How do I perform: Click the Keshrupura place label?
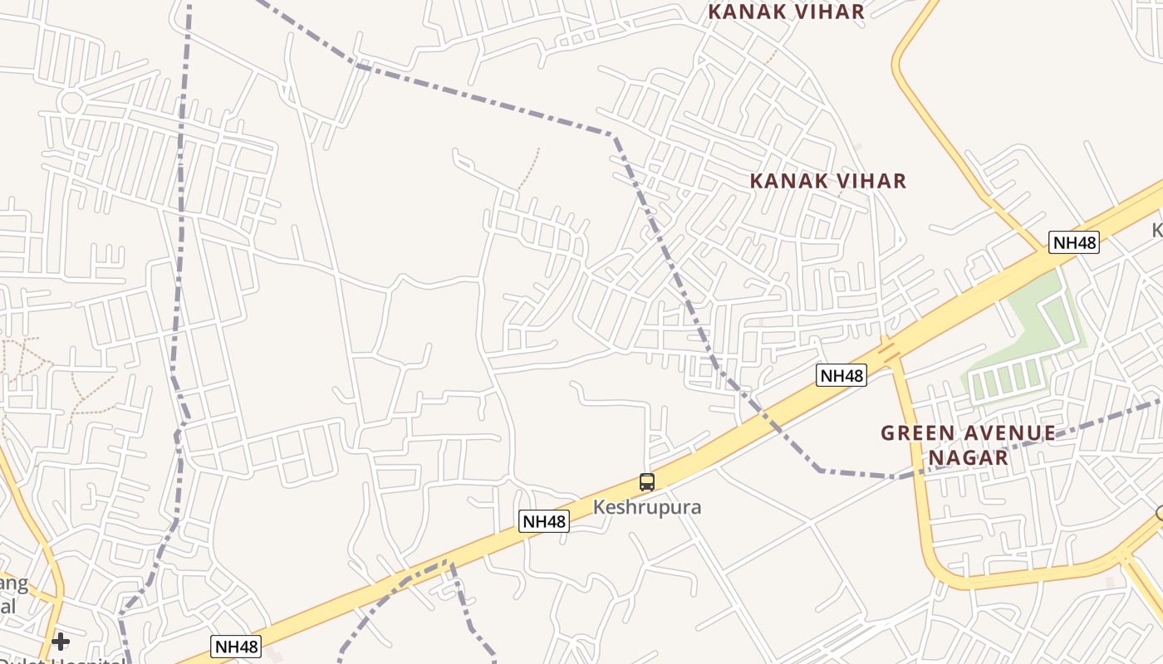[x=647, y=507]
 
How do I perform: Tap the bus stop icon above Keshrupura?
[x=647, y=481]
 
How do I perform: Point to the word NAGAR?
[x=968, y=457]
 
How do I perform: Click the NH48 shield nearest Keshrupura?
[x=544, y=521]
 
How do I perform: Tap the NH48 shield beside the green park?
[x=1074, y=242]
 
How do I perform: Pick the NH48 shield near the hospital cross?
[x=236, y=647]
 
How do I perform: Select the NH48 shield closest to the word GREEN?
[x=842, y=375]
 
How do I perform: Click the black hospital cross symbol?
[x=60, y=641]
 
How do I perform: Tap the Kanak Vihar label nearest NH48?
[x=827, y=181]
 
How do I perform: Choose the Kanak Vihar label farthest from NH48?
[x=786, y=12]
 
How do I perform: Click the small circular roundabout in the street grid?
[x=71, y=102]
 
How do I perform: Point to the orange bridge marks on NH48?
[x=890, y=351]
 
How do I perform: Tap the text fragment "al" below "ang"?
[x=7, y=606]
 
